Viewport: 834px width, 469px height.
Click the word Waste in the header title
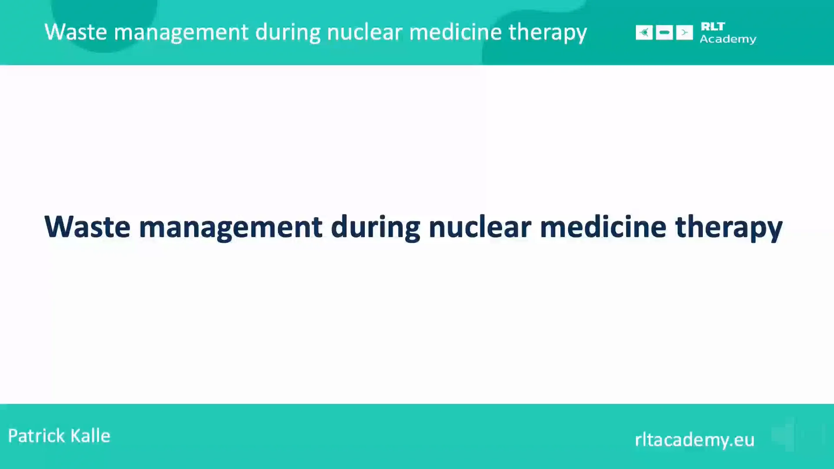click(x=76, y=32)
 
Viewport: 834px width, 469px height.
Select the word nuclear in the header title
click(x=364, y=32)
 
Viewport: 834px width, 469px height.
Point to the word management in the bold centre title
click(x=230, y=227)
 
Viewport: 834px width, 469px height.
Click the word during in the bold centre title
click(x=375, y=227)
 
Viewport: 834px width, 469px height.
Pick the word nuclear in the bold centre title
click(x=480, y=227)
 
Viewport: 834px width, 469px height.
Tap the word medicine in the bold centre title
click(x=602, y=227)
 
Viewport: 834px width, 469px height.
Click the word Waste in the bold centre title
click(x=87, y=227)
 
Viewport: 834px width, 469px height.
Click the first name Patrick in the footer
click(x=36, y=436)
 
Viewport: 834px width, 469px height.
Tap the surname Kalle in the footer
click(x=90, y=436)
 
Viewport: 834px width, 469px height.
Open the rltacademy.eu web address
click(x=694, y=439)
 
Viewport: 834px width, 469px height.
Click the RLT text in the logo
click(x=712, y=26)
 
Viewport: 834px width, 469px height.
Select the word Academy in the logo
click(x=728, y=39)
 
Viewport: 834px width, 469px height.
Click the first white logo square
click(x=644, y=33)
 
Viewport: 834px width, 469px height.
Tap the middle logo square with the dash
click(x=664, y=33)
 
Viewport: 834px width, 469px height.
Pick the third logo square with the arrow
click(x=684, y=33)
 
